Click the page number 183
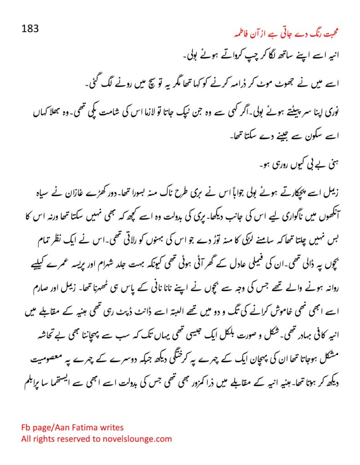tap(30, 29)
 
